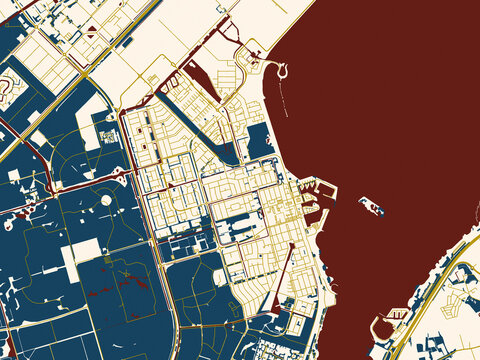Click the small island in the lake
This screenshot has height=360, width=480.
[371, 206]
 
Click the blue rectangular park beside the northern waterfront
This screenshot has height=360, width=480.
[261, 140]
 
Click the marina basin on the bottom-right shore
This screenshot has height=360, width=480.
[382, 326]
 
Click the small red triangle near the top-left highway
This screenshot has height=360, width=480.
[92, 30]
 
